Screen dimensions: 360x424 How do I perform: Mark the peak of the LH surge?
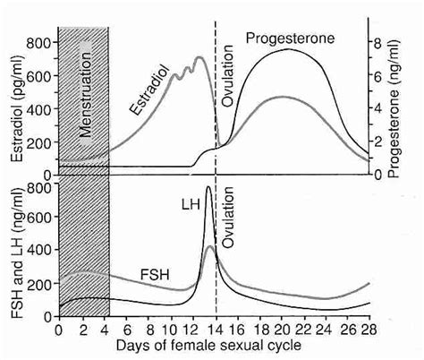click(208, 187)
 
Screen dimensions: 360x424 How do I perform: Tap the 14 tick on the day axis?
click(216, 330)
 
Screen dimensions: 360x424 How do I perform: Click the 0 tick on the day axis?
click(59, 330)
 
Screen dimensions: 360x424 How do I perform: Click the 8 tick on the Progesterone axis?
click(379, 43)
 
